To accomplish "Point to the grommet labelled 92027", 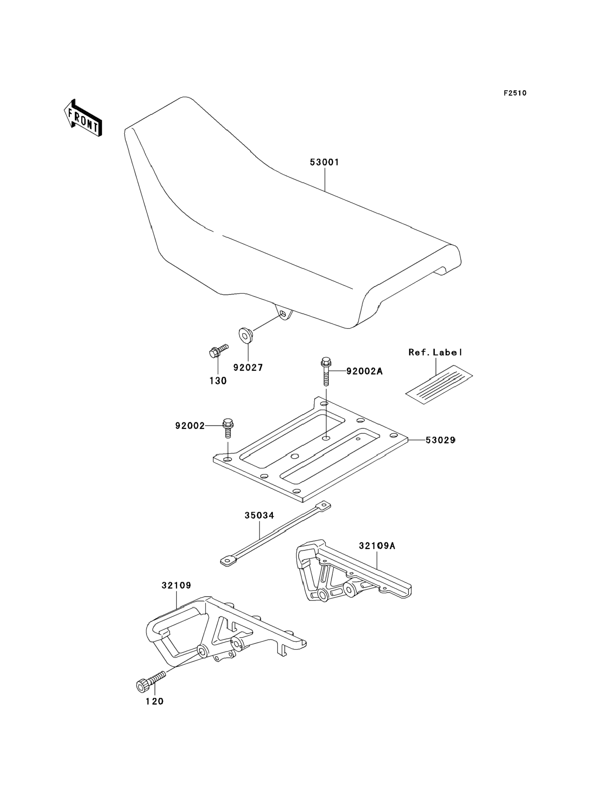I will pos(246,335).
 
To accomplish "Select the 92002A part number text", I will pos(364,371).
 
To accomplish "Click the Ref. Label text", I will pos(435,352).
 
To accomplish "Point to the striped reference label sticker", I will pos(439,384).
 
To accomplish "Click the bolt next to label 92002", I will pos(227,429).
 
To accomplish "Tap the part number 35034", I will pos(259,516).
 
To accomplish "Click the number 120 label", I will pos(154,702).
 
